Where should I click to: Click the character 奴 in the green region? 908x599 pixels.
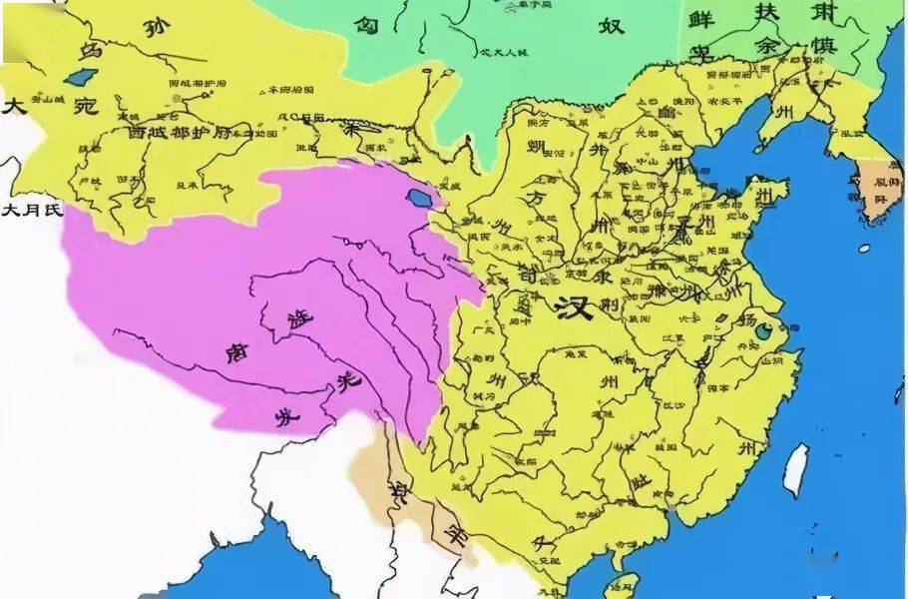pyautogui.click(x=610, y=24)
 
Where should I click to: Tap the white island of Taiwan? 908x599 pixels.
pyautogui.click(x=796, y=470)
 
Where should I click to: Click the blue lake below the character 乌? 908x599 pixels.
pyautogui.click(x=76, y=76)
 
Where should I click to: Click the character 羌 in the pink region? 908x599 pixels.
pyautogui.click(x=347, y=379)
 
